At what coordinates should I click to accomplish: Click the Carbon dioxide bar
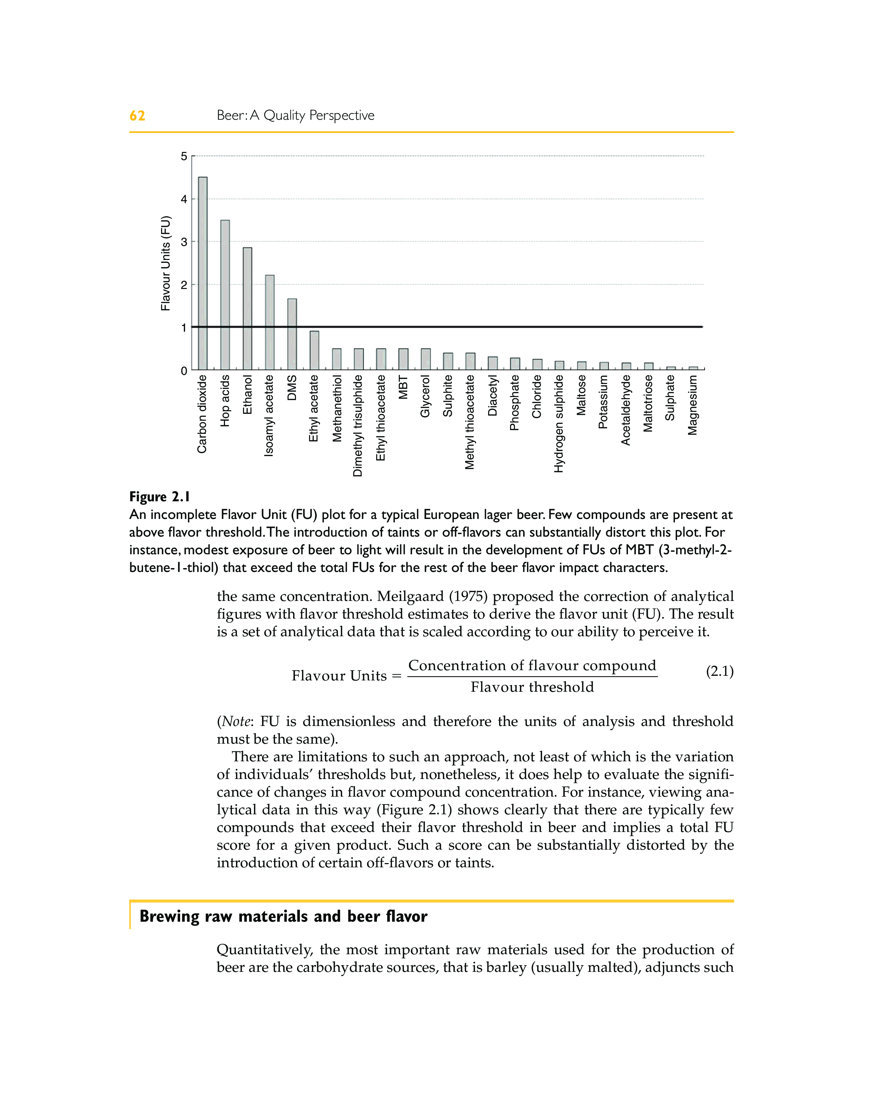pos(203,273)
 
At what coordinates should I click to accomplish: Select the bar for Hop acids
pos(225,295)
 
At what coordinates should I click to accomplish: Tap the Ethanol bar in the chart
pos(248,308)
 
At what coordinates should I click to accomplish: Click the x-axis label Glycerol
pos(425,397)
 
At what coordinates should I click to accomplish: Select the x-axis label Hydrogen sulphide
pos(559,424)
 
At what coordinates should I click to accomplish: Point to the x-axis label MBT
pos(403,388)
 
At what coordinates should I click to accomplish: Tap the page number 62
pos(137,116)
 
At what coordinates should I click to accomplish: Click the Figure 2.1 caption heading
pos(160,497)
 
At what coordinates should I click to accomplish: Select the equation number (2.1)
pos(719,672)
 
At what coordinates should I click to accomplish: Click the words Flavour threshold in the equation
pos(532,687)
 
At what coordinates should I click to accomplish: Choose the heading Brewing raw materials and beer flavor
pos(283,916)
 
